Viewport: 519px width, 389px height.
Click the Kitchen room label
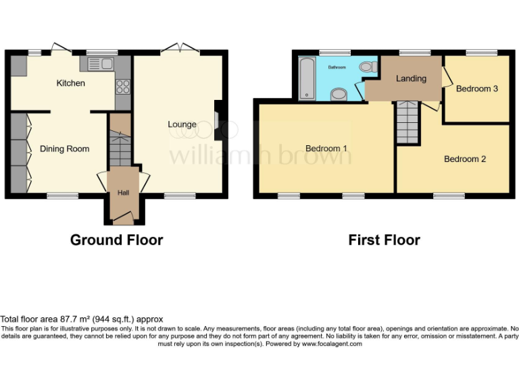(70, 83)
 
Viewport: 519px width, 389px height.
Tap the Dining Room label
(64, 149)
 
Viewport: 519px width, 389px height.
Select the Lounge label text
(182, 124)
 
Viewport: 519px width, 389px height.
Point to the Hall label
(124, 192)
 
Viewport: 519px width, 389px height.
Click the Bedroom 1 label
(326, 149)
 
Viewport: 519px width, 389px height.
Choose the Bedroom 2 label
(465, 159)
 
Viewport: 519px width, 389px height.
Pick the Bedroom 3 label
(477, 88)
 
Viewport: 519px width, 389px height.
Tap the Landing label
(411, 78)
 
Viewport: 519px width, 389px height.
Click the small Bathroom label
(337, 68)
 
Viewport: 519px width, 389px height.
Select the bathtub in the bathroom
(307, 78)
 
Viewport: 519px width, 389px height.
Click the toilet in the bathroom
(368, 67)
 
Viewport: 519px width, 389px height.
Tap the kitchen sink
(99, 64)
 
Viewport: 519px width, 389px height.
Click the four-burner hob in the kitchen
(124, 86)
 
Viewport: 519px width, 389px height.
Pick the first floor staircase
(408, 122)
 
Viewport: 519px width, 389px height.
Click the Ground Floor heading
(116, 240)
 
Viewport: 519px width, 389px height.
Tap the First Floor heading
(384, 240)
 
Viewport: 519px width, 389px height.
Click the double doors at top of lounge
(180, 49)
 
